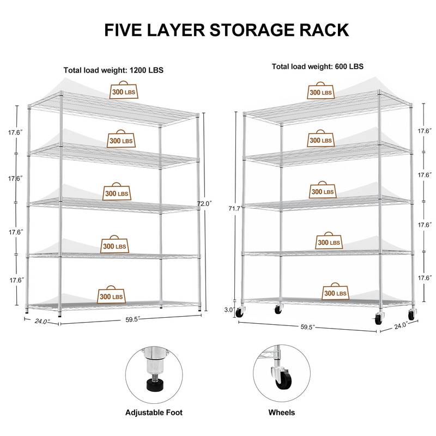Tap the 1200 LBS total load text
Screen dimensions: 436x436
113,70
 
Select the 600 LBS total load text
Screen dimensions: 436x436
318,66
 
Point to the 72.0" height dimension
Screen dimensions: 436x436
204,203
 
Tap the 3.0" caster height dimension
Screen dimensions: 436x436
229,310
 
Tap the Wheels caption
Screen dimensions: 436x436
281,413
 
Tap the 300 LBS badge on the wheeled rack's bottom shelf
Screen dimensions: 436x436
334,292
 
